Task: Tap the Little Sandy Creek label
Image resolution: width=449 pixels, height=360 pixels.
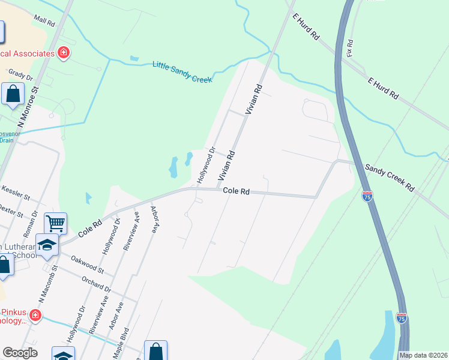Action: pos(182,71)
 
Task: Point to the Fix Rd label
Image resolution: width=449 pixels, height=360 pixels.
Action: pos(349,48)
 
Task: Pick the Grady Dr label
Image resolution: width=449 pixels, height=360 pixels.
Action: pos(20,74)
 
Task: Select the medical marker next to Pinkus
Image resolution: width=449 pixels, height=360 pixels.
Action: pos(35,314)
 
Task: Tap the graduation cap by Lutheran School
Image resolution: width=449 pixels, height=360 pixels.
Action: pos(47,245)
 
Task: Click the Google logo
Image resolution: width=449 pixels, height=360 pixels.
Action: pos(19,353)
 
